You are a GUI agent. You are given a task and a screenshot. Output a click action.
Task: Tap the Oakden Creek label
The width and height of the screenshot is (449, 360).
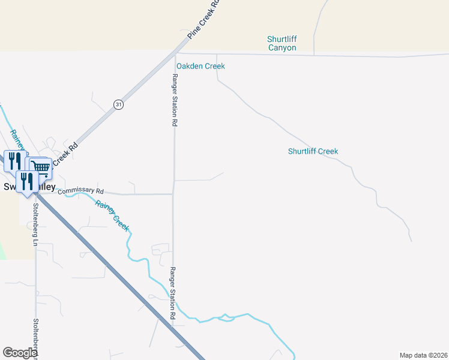pyautogui.click(x=200, y=66)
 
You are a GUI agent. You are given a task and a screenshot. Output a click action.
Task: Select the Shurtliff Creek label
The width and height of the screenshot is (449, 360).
pyautogui.click(x=313, y=151)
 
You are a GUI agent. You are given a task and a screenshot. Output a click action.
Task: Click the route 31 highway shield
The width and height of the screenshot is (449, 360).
pyautogui.click(x=118, y=104)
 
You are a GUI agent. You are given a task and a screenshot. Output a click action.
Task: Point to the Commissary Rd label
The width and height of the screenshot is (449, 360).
pyautogui.click(x=81, y=191)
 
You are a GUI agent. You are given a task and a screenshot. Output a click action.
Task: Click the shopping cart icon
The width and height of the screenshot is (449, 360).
pyautogui.click(x=40, y=167)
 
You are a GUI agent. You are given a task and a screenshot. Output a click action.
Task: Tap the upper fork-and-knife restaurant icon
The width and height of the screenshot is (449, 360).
pyautogui.click(x=14, y=160)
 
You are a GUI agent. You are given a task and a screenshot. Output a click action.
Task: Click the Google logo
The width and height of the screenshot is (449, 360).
pyautogui.click(x=20, y=353)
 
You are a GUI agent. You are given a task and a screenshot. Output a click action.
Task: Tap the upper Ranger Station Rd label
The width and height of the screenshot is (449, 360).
pyautogui.click(x=175, y=100)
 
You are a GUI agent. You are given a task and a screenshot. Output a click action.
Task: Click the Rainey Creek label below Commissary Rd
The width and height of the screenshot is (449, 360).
pyautogui.click(x=112, y=214)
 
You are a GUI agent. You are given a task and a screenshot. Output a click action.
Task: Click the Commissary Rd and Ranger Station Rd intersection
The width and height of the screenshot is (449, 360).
pyautogui.click(x=173, y=194)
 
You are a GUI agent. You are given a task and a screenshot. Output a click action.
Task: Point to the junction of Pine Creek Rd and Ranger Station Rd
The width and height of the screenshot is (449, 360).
pyautogui.click(x=175, y=54)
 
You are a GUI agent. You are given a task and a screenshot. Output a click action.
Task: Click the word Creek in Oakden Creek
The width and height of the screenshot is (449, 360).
pyautogui.click(x=214, y=66)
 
